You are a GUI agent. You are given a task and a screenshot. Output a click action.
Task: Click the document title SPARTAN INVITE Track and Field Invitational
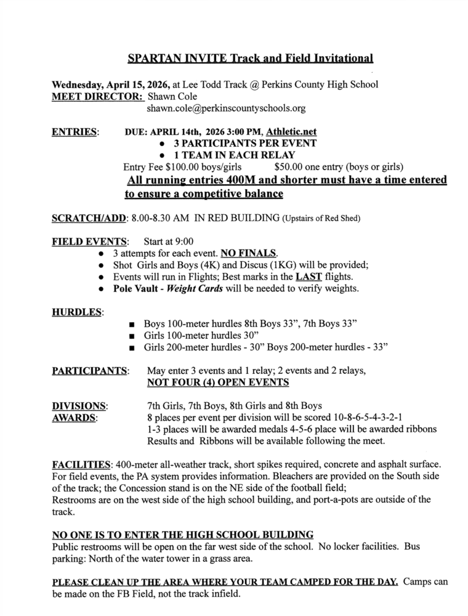coord(250,59)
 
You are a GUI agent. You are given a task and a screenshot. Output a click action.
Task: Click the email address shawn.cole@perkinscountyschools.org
coord(226,108)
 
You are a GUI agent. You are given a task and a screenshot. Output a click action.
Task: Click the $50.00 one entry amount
coord(288,166)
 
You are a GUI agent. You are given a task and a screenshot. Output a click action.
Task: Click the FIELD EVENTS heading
coord(90,241)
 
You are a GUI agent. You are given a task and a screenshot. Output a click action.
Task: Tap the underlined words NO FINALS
coord(254,253)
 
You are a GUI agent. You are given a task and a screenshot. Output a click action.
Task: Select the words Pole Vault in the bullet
coord(135,288)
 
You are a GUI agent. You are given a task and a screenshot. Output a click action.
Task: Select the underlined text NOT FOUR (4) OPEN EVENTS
coord(218,383)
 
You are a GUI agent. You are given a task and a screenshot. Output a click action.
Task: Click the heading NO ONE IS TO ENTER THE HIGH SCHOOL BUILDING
coord(182,533)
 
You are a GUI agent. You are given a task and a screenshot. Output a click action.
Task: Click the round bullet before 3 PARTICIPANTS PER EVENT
coord(162,144)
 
